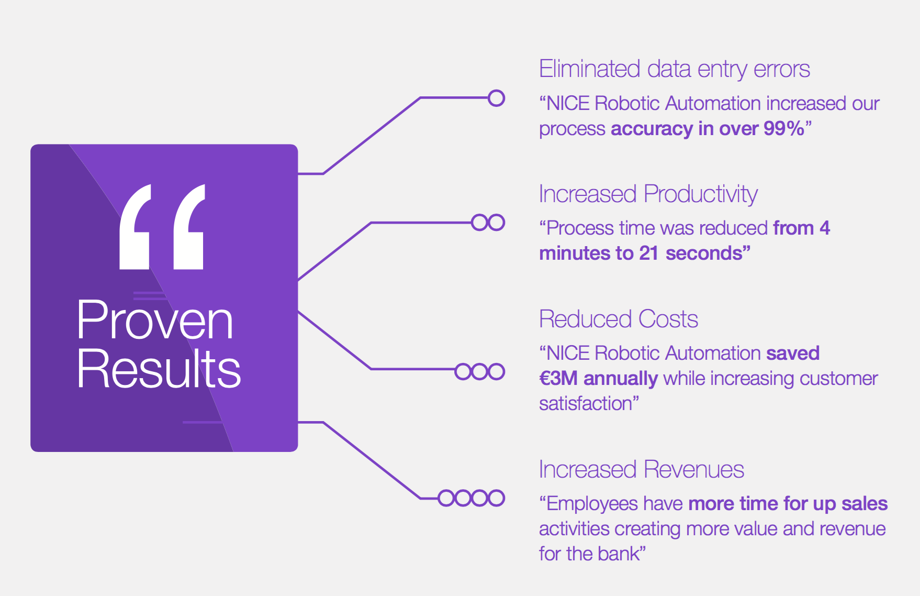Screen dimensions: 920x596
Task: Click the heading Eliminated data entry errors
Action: pos(675,69)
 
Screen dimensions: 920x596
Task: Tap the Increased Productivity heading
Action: pos(648,194)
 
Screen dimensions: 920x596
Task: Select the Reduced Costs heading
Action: pos(619,319)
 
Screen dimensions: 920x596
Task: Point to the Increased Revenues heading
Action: pos(642,469)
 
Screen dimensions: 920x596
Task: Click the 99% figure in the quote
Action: pos(784,128)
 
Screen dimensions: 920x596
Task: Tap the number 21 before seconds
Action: pos(649,253)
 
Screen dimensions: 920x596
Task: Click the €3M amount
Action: pos(558,378)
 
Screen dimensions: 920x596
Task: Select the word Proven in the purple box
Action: pos(155,321)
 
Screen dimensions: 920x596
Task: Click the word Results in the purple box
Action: pos(159,369)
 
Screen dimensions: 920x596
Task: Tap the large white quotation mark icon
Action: pos(162,227)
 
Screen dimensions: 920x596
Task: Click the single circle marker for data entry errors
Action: pos(496,98)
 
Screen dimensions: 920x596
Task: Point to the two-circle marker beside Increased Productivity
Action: pos(488,223)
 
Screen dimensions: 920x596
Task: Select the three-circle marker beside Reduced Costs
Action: pos(480,372)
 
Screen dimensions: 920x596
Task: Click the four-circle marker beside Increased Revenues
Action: pos(472,498)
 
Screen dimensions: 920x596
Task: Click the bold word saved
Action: pos(793,354)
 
